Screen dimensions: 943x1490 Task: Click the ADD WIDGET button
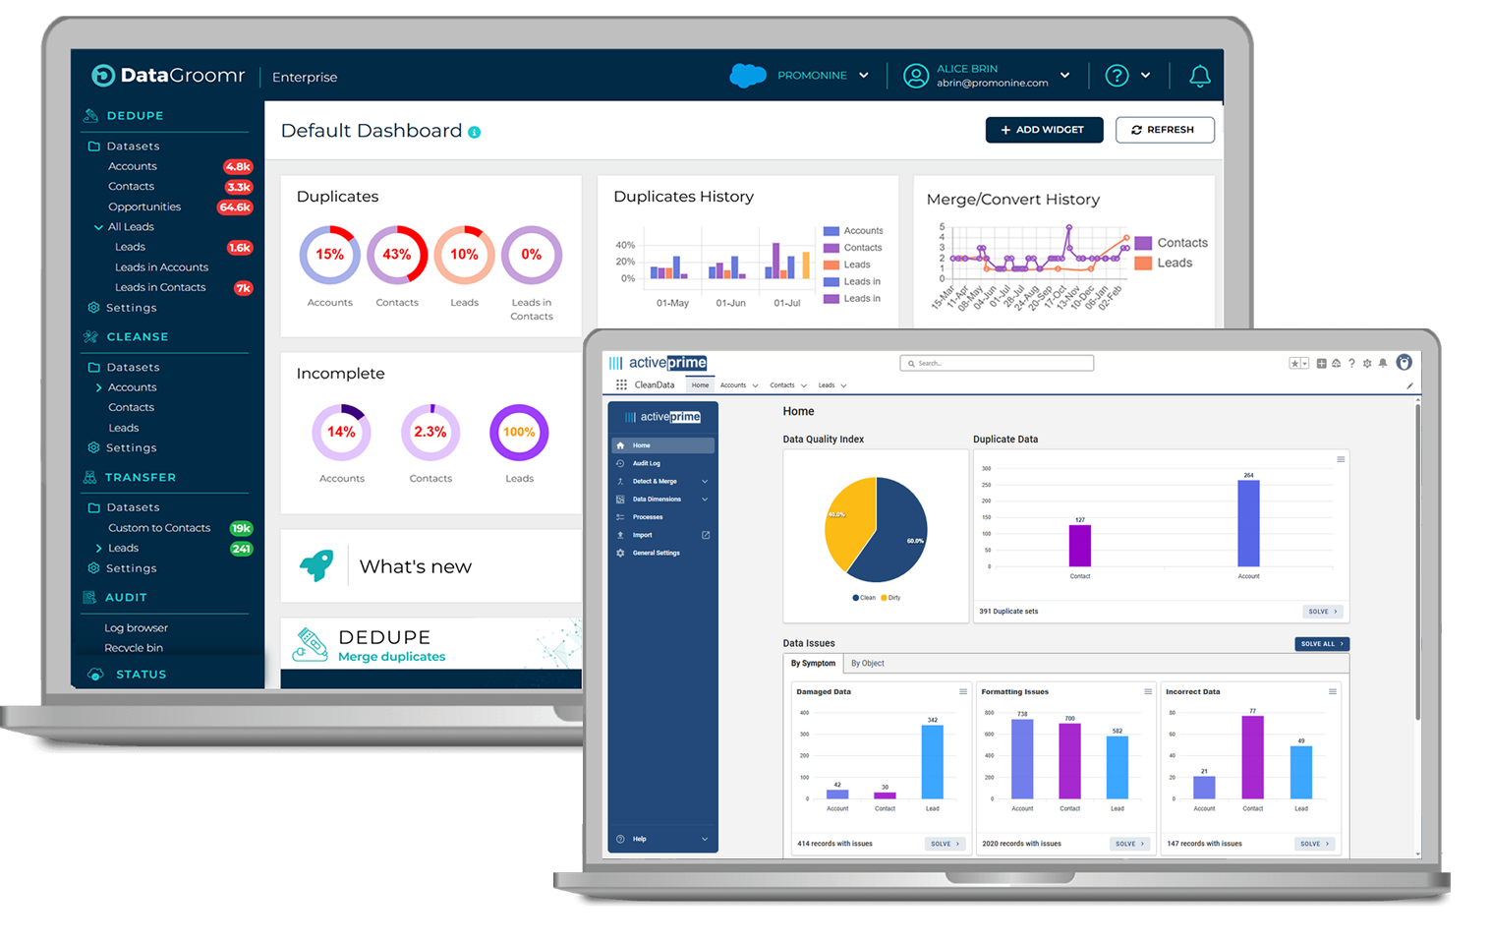[x=1044, y=130]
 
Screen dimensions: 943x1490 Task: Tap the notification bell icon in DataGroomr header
[x=1199, y=76]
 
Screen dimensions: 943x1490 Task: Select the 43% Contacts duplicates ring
[x=397, y=255]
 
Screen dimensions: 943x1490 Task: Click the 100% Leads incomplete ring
[x=519, y=432]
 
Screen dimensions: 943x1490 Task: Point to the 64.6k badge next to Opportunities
[x=235, y=207]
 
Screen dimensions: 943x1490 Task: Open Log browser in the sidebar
[x=136, y=627]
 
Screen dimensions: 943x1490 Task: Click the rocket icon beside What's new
[x=316, y=565]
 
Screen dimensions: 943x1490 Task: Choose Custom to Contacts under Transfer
[x=159, y=528]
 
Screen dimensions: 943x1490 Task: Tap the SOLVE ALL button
[x=1321, y=644]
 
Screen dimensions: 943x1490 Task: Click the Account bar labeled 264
[x=1248, y=523]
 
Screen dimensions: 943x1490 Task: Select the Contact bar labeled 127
[x=1079, y=546]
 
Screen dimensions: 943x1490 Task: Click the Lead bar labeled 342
[x=932, y=762]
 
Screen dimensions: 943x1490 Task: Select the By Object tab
[x=867, y=664]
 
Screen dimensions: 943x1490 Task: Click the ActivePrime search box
[x=997, y=364]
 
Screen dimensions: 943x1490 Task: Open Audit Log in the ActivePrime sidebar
[x=647, y=463]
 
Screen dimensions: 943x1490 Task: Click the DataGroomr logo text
[x=182, y=76]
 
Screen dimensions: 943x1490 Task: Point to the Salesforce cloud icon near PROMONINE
[x=748, y=76]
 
